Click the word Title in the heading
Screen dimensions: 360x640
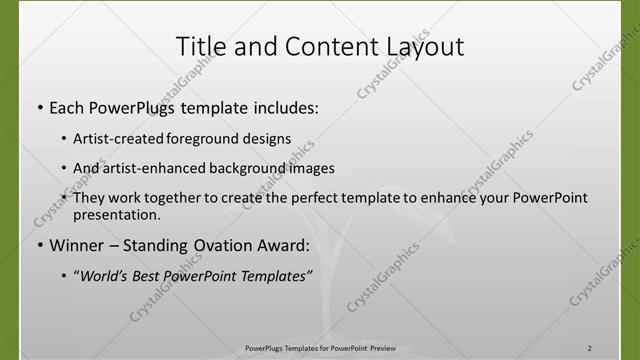click(x=200, y=46)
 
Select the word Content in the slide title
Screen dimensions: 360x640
click(x=321, y=46)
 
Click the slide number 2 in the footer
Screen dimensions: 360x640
click(x=590, y=348)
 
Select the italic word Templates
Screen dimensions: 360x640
click(x=268, y=274)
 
